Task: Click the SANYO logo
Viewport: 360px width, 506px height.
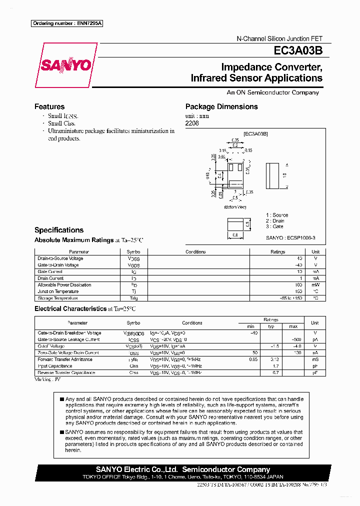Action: (x=65, y=65)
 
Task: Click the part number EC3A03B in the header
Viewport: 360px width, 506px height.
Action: (x=297, y=51)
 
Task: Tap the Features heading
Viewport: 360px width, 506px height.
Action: (x=49, y=106)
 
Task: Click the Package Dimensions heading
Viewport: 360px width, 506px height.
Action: (x=221, y=106)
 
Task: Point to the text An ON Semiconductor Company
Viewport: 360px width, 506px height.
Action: (x=272, y=92)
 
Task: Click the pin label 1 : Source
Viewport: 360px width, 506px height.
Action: (x=277, y=215)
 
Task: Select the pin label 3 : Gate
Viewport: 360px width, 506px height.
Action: (x=274, y=226)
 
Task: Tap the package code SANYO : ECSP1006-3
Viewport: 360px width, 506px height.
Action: (x=290, y=238)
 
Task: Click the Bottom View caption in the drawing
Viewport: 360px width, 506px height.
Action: (x=235, y=206)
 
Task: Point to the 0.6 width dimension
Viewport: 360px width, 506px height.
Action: (x=234, y=235)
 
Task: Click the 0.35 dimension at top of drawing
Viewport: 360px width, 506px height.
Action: (x=234, y=140)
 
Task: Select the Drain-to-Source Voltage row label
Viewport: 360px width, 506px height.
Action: (x=60, y=258)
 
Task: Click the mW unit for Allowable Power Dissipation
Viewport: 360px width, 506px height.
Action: (x=315, y=285)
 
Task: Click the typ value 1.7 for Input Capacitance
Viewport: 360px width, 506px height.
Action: (x=272, y=366)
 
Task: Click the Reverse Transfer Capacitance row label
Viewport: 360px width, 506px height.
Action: (x=66, y=372)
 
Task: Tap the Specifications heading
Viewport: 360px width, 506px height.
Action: (x=59, y=230)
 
